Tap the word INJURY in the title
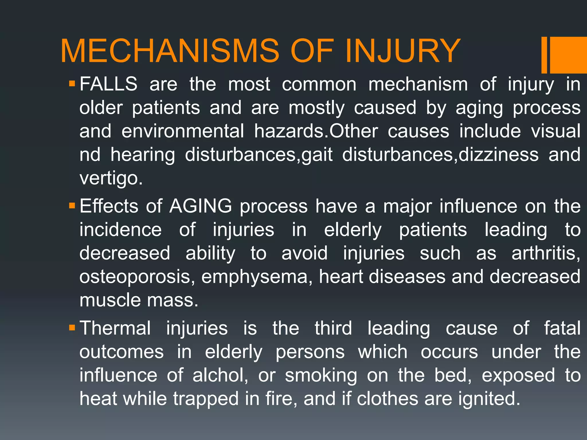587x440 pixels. click(402, 51)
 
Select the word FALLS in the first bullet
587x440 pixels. click(108, 84)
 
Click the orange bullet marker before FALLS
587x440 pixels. click(72, 84)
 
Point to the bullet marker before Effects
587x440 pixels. click(72, 206)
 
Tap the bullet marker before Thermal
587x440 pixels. click(72, 327)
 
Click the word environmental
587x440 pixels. click(183, 131)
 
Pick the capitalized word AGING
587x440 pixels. click(200, 206)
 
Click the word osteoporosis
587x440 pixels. click(137, 277)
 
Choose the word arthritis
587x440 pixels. click(546, 253)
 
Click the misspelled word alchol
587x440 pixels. click(220, 375)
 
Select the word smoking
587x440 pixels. click(321, 376)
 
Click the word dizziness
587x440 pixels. click(498, 155)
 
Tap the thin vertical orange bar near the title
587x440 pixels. click(544, 55)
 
